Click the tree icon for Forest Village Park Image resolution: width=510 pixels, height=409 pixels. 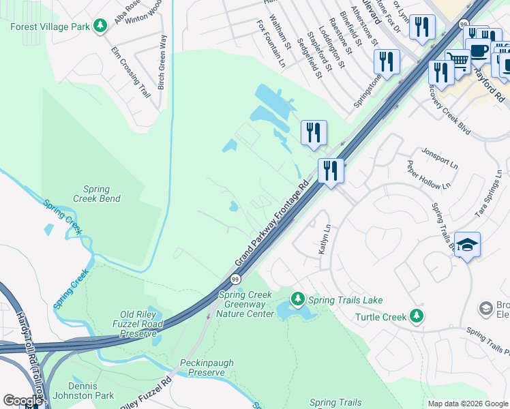pyautogui.click(x=101, y=27)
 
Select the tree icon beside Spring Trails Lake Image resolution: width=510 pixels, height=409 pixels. pyautogui.click(x=297, y=299)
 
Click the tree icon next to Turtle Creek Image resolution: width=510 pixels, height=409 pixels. pyautogui.click(x=417, y=316)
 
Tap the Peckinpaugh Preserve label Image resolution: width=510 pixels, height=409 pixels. pyautogui.click(x=202, y=367)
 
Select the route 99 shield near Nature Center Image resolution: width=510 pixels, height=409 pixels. pyautogui.click(x=235, y=279)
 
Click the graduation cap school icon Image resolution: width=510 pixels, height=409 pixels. pyautogui.click(x=467, y=245)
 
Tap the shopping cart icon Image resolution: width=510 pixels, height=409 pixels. pyautogui.click(x=458, y=62)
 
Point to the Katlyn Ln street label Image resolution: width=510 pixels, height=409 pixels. pyautogui.click(x=325, y=240)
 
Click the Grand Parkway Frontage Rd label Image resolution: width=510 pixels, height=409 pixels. pyautogui.click(x=273, y=223)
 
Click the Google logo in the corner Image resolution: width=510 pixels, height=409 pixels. pyautogui.click(x=22, y=401)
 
